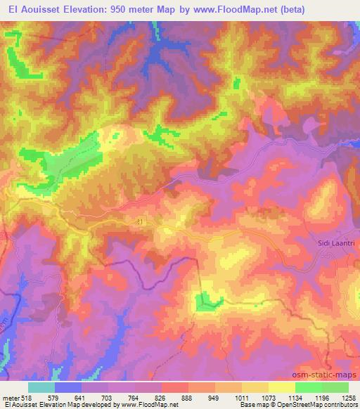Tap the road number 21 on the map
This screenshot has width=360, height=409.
[141, 221]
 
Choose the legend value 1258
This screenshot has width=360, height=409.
[348, 398]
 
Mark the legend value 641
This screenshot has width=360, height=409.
[81, 398]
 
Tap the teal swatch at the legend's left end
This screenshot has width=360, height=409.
[41, 387]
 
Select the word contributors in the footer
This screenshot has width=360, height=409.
[340, 405]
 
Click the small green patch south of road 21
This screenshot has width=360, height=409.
[205, 301]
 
